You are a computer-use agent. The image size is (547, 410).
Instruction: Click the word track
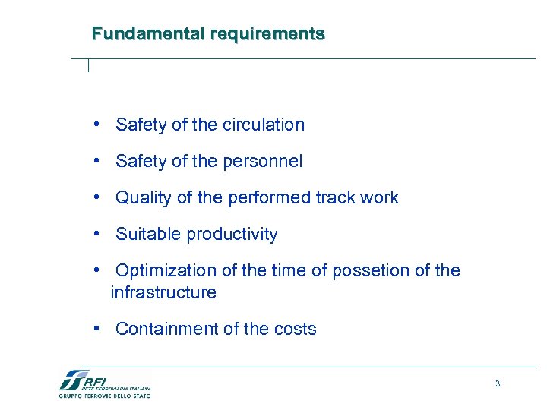(331, 198)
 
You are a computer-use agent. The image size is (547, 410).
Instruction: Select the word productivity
(232, 235)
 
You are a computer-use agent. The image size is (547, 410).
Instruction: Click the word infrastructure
(163, 292)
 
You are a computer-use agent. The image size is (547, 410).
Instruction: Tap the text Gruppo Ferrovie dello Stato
(105, 396)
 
